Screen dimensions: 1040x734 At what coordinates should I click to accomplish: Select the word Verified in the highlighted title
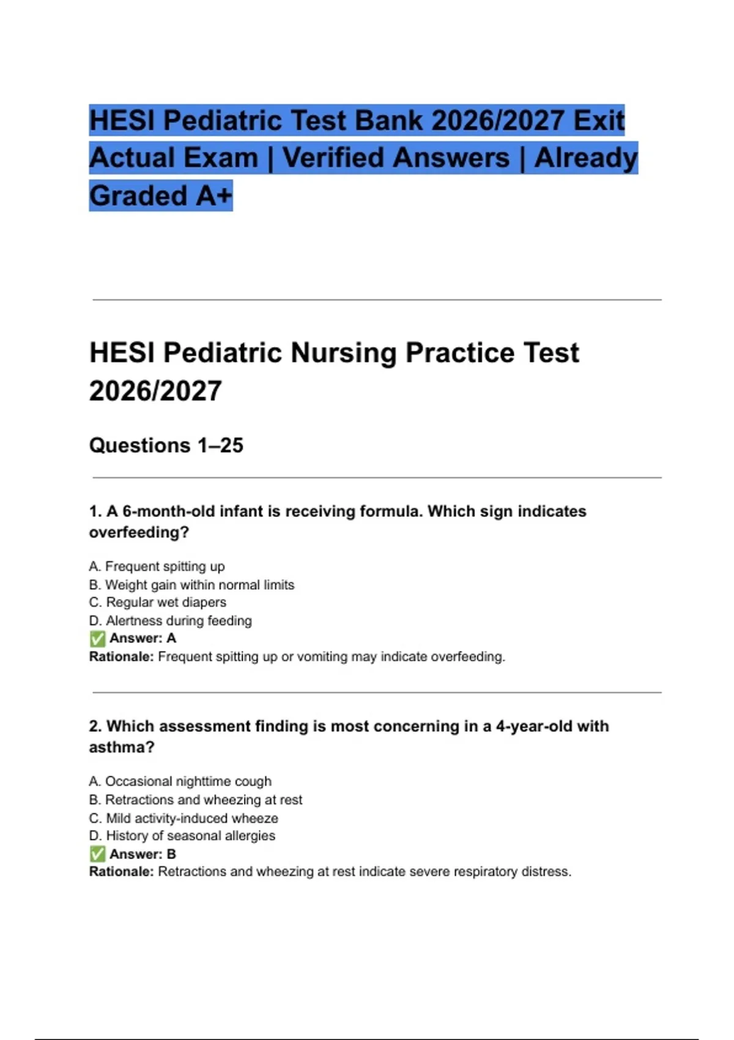[396, 158]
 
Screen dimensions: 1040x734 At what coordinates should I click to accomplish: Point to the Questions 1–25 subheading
[166, 445]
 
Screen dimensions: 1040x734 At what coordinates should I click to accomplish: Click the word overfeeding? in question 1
[139, 532]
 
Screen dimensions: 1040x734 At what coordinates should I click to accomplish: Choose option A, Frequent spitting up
[157, 566]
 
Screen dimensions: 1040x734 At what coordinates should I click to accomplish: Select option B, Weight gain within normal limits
[191, 585]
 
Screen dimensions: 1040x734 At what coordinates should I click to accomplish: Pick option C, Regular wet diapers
[158, 603]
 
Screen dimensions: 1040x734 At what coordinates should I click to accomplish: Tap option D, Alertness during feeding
[170, 621]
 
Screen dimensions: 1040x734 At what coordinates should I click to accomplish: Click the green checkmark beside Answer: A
[97, 639]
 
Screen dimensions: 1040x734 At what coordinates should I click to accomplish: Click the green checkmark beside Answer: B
[97, 854]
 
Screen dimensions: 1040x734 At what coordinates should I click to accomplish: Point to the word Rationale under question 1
[121, 657]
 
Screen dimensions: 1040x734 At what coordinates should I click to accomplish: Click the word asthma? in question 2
[121, 748]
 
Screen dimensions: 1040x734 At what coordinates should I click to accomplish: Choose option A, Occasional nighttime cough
[180, 782]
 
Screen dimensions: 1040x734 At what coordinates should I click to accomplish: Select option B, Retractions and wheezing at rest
[196, 800]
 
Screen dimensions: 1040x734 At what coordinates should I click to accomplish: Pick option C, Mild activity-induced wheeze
[183, 819]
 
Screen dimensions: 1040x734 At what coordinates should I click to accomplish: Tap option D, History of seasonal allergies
[182, 836]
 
